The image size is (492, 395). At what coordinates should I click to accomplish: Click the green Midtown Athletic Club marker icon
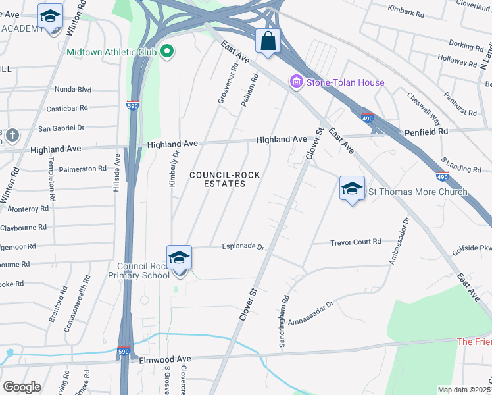(x=167, y=51)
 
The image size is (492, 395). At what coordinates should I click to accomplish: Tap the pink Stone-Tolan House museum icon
(x=296, y=82)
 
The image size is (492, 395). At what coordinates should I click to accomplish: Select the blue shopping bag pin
(x=268, y=41)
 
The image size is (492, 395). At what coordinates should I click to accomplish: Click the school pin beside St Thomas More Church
(x=353, y=189)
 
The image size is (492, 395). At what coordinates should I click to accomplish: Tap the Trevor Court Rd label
(x=356, y=242)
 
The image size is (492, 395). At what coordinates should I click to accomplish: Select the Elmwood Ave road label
(x=164, y=359)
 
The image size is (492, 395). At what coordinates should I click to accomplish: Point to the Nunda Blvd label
(x=73, y=89)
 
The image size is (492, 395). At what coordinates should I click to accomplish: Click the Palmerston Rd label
(x=82, y=169)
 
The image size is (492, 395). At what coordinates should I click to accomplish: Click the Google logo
(x=22, y=387)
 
